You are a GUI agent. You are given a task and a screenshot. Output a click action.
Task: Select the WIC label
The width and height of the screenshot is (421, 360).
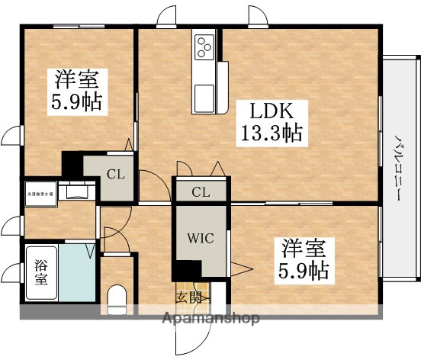click(x=201, y=236)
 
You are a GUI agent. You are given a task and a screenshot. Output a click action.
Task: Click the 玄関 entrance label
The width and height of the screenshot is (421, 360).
click(x=191, y=297)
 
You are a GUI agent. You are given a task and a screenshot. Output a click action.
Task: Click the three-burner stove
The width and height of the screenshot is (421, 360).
click(x=205, y=47)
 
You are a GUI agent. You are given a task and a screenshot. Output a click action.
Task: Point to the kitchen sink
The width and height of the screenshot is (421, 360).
click(x=205, y=96)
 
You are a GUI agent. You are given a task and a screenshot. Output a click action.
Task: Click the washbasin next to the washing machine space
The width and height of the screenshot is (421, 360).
click(x=76, y=191)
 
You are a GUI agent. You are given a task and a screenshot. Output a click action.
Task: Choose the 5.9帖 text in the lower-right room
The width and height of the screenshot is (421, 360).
click(x=303, y=271)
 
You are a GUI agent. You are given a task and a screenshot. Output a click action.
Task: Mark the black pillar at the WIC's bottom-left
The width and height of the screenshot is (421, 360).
click(x=183, y=271)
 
